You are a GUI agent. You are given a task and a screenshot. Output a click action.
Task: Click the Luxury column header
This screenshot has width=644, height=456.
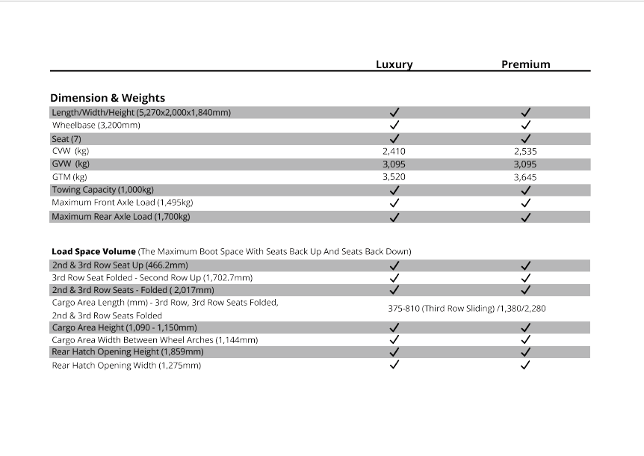coord(394,64)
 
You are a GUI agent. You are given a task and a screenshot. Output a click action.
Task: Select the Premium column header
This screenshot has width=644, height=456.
coord(525,64)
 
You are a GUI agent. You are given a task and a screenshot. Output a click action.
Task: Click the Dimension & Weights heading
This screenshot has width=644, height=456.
coord(108,98)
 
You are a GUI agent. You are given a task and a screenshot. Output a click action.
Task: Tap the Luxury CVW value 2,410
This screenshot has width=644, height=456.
coord(394,151)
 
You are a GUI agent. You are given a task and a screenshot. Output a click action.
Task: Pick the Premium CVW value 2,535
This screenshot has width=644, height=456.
coord(525,151)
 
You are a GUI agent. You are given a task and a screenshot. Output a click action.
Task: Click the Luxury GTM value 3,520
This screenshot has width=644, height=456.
coord(394,177)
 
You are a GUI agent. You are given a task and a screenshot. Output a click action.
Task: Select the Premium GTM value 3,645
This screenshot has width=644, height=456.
coord(525,177)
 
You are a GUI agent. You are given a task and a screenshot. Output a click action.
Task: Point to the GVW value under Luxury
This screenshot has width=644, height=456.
coord(394,164)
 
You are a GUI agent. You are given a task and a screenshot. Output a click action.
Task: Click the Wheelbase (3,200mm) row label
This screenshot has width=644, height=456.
coord(96,125)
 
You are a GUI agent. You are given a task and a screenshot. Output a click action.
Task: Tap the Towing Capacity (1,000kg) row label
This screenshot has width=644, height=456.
coord(102,190)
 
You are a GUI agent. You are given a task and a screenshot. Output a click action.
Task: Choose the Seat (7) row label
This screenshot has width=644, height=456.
coord(66,138)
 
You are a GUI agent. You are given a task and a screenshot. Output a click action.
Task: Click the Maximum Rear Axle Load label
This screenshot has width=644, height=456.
coord(120,217)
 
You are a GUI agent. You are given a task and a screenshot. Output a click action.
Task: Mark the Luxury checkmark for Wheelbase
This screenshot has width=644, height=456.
coord(394,125)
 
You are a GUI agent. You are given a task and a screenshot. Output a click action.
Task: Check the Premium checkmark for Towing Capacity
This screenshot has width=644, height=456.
coord(526,190)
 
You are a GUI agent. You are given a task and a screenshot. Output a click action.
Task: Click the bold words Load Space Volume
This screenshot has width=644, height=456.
coord(93,251)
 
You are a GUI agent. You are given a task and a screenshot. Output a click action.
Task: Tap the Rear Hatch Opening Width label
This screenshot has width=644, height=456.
coord(126,365)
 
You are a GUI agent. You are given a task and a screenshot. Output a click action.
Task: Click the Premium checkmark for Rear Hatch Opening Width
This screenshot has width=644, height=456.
coord(526,365)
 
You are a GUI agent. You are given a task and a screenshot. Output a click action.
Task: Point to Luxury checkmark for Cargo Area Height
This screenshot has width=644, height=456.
coord(394,327)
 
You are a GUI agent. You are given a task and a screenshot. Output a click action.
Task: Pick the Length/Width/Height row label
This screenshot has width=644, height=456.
coord(141,112)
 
